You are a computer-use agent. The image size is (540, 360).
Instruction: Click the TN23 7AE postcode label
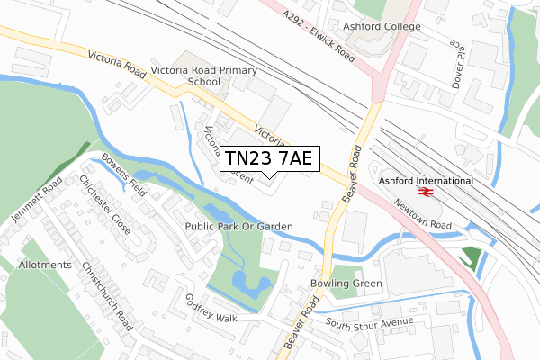(x=268, y=158)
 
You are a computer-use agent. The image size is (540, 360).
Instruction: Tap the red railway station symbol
(x=426, y=191)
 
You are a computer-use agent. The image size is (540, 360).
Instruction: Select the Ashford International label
(x=426, y=180)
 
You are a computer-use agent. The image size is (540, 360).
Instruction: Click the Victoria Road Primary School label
(x=204, y=76)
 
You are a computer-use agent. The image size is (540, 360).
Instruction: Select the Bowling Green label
(x=346, y=283)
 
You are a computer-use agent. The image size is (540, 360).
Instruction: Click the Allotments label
(x=43, y=265)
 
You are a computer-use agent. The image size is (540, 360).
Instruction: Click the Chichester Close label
(x=104, y=204)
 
